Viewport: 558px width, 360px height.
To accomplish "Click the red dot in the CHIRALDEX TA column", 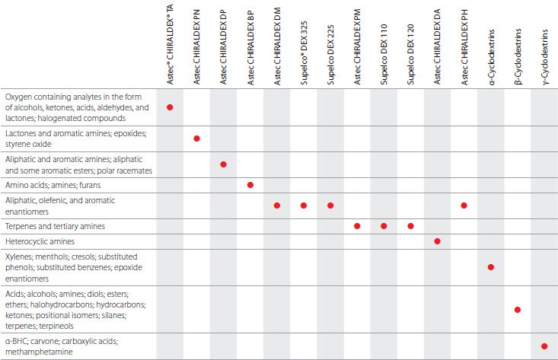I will (170, 107).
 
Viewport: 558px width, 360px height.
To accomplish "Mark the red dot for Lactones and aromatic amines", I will (196, 138).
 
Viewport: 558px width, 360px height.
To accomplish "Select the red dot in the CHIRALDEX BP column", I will (250, 185).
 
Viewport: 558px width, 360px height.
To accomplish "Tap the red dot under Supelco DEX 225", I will (330, 205).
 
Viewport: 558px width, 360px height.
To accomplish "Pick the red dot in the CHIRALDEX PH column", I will (464, 205).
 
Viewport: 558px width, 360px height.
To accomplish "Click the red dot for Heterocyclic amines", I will (438, 241).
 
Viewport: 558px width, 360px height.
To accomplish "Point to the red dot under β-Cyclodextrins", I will (518, 310).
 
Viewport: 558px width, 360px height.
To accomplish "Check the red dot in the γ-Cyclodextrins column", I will (544, 346).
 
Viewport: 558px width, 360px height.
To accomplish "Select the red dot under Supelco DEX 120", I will (411, 226).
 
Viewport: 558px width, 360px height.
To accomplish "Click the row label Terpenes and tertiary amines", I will (56, 226).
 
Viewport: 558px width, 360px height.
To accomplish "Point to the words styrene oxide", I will (27, 143).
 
